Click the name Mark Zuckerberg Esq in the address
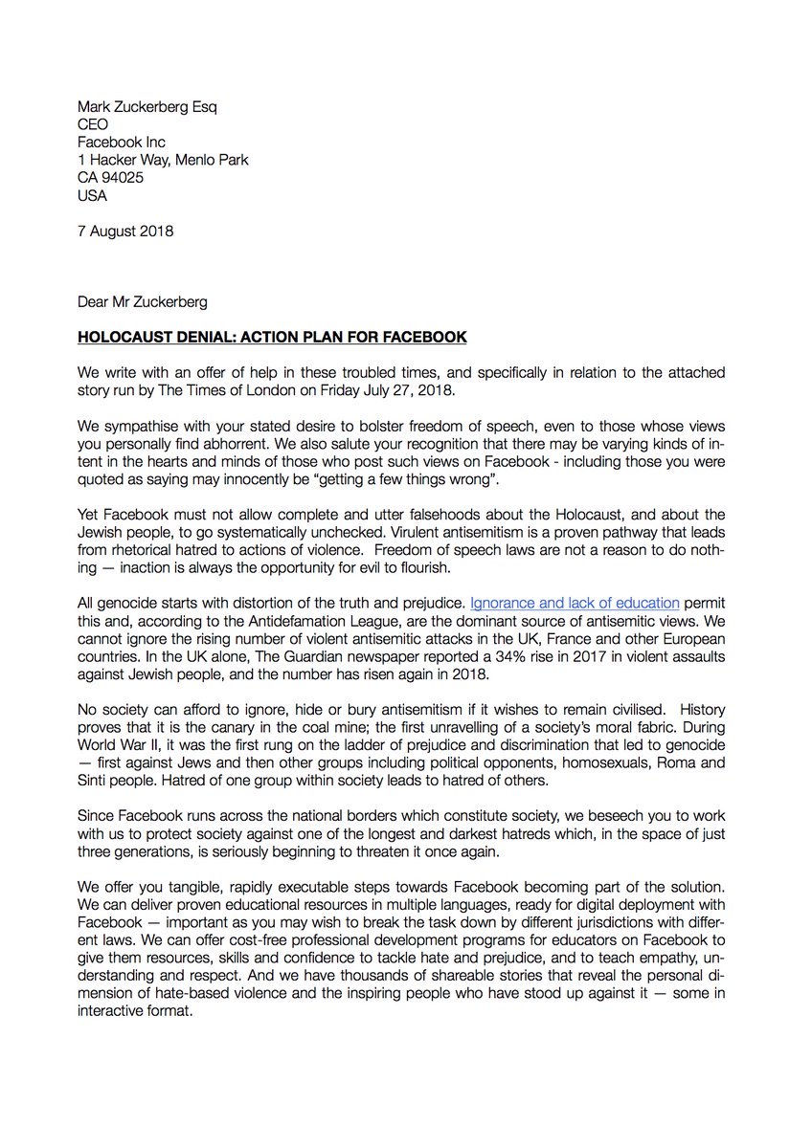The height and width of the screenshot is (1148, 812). (x=147, y=107)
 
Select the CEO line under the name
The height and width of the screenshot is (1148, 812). (x=93, y=124)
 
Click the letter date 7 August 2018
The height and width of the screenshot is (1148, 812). (x=125, y=232)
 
